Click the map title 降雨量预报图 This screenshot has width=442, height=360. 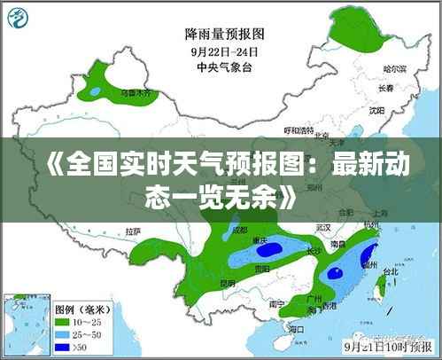(224, 34)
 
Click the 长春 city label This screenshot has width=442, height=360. (384, 89)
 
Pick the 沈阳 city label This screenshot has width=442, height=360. (376, 111)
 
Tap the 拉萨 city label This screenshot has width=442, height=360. (133, 231)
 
